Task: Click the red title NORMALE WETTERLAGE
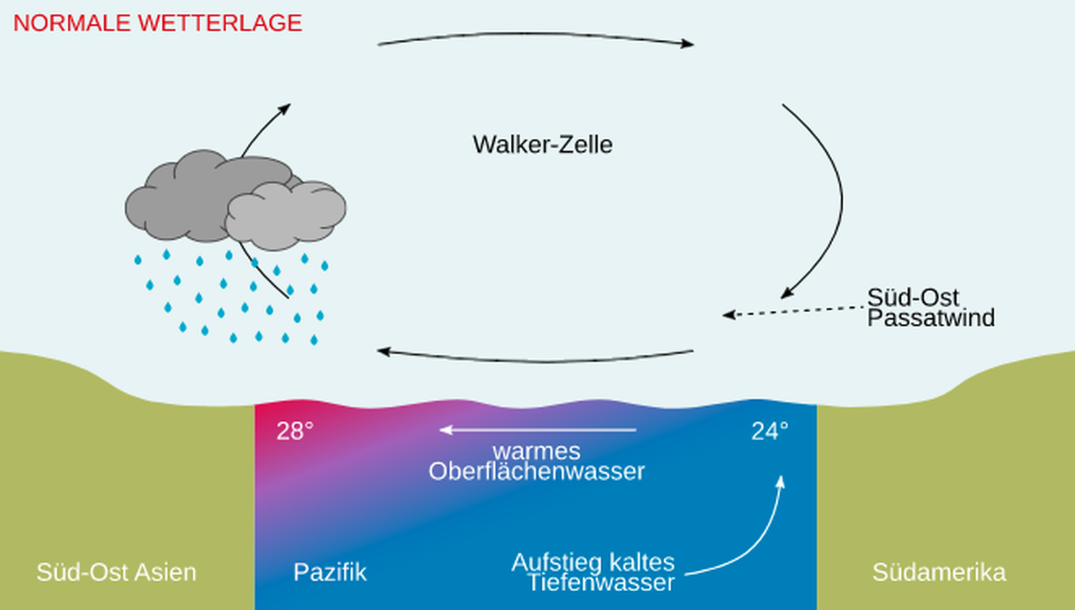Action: pyautogui.click(x=157, y=23)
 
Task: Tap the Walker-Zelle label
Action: pyautogui.click(x=542, y=145)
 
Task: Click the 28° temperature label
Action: pyautogui.click(x=295, y=431)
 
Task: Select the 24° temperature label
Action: pyautogui.click(x=770, y=431)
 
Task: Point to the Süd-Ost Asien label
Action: pyautogui.click(x=116, y=572)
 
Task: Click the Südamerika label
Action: pyautogui.click(x=939, y=572)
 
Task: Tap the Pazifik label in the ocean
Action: pyautogui.click(x=330, y=572)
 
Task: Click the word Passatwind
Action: pyautogui.click(x=931, y=318)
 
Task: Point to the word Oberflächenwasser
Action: pyautogui.click(x=537, y=471)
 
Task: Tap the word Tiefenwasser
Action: pyautogui.click(x=600, y=583)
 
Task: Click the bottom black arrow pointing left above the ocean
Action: pyautogui.click(x=535, y=360)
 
